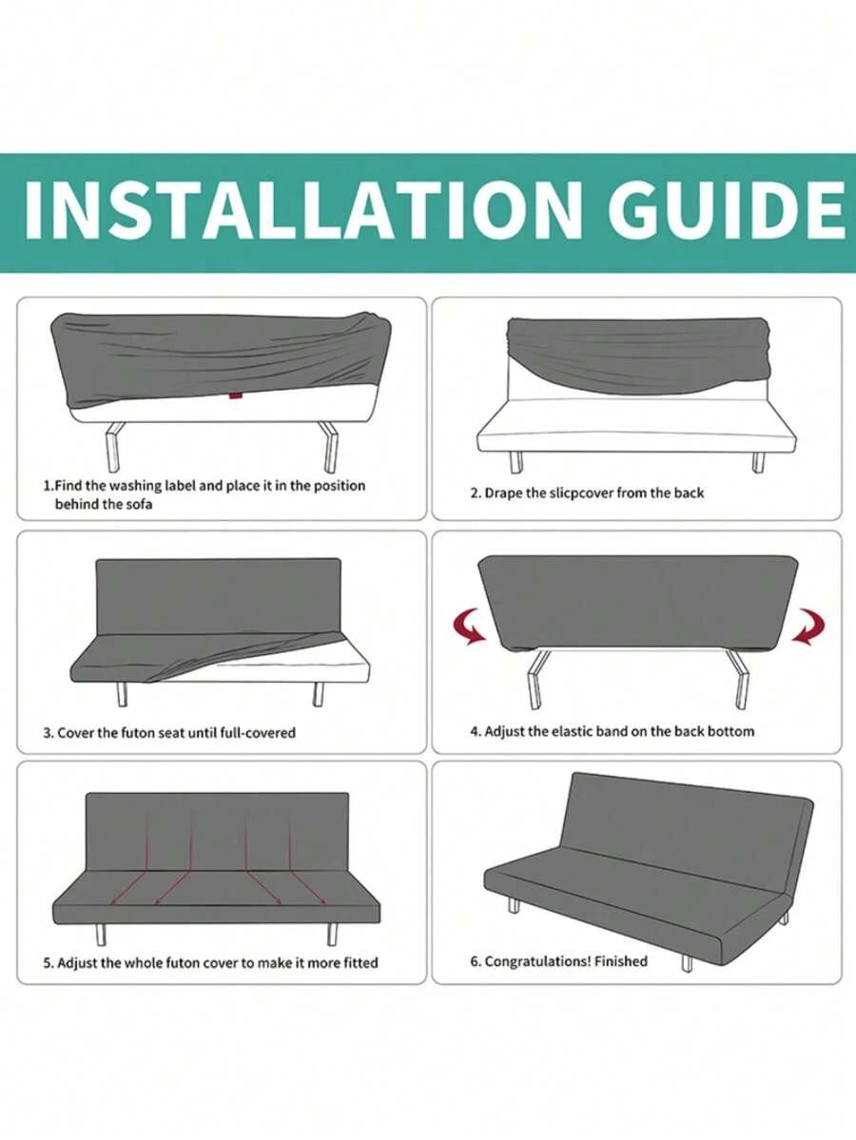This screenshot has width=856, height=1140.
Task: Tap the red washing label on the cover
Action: tap(235, 396)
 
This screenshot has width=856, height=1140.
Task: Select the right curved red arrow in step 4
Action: tap(808, 627)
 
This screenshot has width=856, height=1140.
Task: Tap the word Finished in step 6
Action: tap(620, 961)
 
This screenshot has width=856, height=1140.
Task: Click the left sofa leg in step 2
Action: tap(516, 462)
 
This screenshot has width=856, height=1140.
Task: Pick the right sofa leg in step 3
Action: tap(318, 694)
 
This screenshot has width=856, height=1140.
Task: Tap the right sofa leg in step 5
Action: tap(332, 935)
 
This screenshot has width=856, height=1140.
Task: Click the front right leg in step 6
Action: tap(687, 963)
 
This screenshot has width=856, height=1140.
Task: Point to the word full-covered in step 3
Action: tap(258, 733)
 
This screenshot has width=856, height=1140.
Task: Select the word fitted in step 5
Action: tap(360, 962)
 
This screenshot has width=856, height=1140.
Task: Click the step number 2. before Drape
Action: tap(476, 493)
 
